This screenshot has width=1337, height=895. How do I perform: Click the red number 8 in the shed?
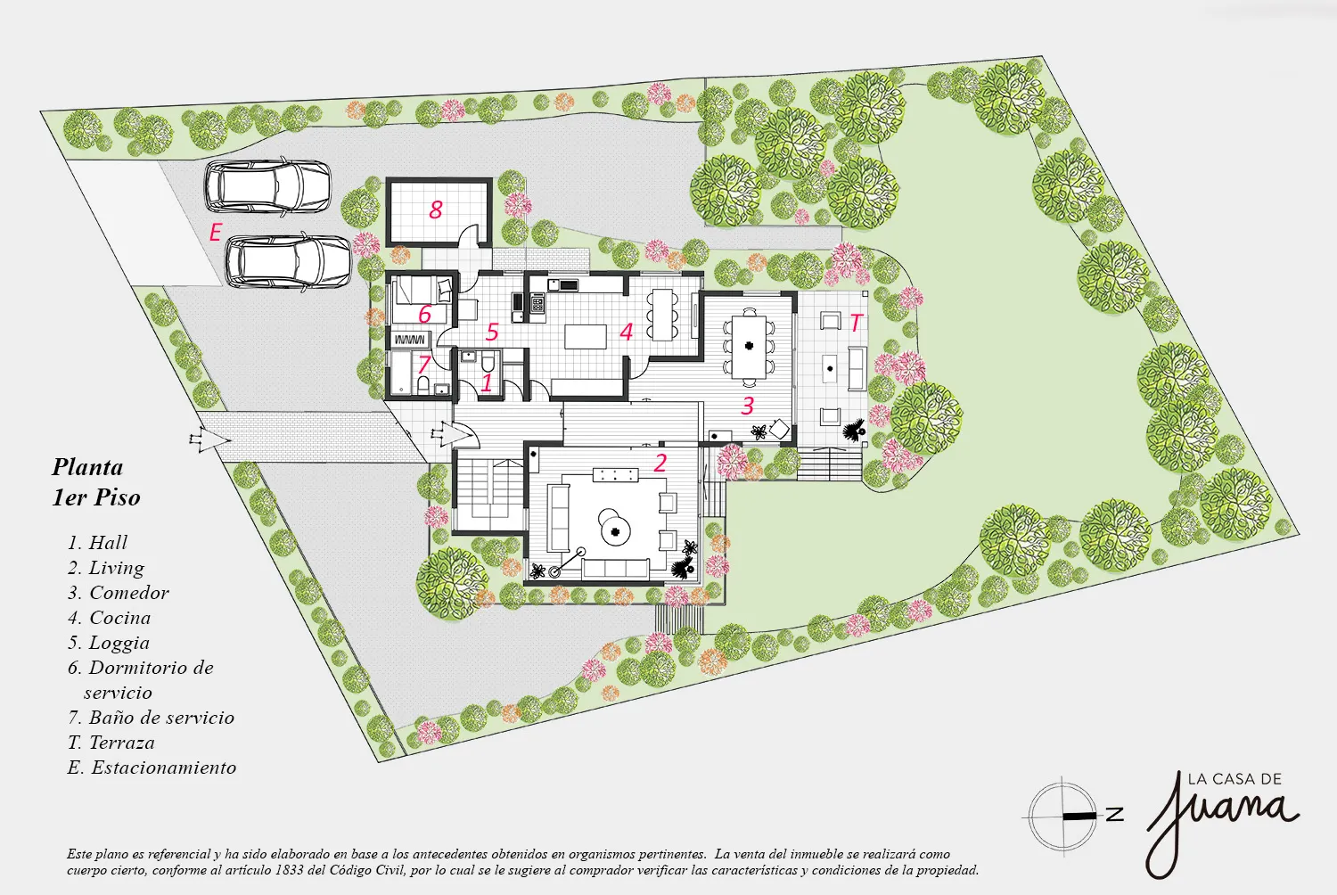436,209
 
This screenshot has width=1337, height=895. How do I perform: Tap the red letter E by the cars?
216,232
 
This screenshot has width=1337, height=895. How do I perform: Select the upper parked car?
267,185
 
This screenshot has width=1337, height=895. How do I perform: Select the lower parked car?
288,261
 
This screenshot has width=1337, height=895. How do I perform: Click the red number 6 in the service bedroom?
424,314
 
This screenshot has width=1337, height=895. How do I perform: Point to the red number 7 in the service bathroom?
423,364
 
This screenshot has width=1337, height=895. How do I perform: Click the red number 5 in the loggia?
492,332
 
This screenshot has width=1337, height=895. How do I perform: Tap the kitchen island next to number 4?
586,336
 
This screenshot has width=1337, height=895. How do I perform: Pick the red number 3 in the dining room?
747,406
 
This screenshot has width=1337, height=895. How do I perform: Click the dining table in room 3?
749,346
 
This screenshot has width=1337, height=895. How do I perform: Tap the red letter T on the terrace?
856,323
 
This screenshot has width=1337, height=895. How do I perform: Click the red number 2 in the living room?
660,463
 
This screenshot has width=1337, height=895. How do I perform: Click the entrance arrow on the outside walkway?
209,439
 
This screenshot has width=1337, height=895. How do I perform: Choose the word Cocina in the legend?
120,618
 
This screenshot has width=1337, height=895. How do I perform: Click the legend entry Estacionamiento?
163,768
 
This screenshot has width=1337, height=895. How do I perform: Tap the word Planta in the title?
87,467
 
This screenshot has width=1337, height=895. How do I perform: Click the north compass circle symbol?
1062,815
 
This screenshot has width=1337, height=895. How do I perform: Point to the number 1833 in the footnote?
288,870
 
